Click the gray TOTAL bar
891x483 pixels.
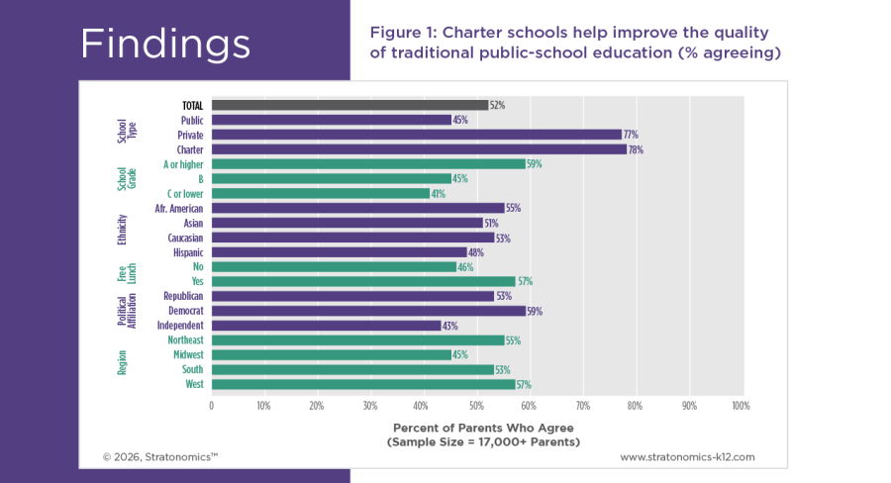pos(348,105)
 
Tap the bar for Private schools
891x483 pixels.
pos(416,135)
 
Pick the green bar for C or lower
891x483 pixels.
pos(320,194)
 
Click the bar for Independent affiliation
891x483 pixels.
pos(326,326)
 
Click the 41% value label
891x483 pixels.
pos(438,194)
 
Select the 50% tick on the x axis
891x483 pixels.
pos(476,406)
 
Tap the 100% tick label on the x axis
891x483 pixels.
pos(740,406)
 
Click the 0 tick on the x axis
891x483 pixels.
pos(211,406)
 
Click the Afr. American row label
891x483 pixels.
pos(179,209)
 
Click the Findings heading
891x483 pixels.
pos(164,44)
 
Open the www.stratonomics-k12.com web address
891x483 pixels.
pos(687,457)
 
